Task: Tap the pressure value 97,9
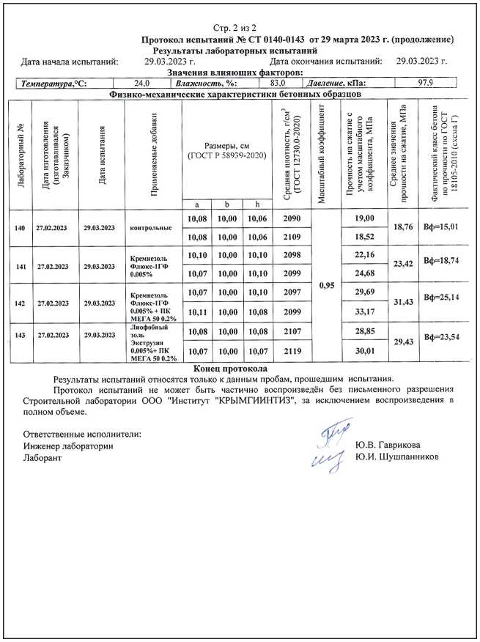click(x=427, y=84)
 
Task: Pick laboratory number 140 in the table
click(x=20, y=228)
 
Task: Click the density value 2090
click(x=291, y=218)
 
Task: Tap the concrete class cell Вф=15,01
click(x=441, y=228)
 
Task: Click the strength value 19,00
click(x=364, y=218)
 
